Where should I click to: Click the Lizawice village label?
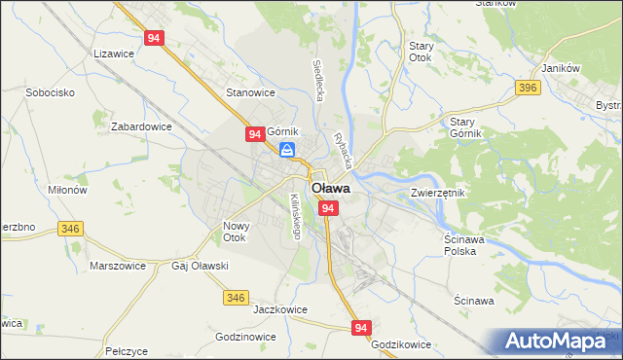(x=112, y=54)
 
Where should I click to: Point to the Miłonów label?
(x=65, y=190)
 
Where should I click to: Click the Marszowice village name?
(x=117, y=265)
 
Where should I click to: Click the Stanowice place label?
(x=251, y=92)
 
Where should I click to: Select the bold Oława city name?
(x=331, y=189)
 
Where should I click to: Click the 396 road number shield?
(x=529, y=89)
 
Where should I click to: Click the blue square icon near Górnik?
(x=287, y=150)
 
